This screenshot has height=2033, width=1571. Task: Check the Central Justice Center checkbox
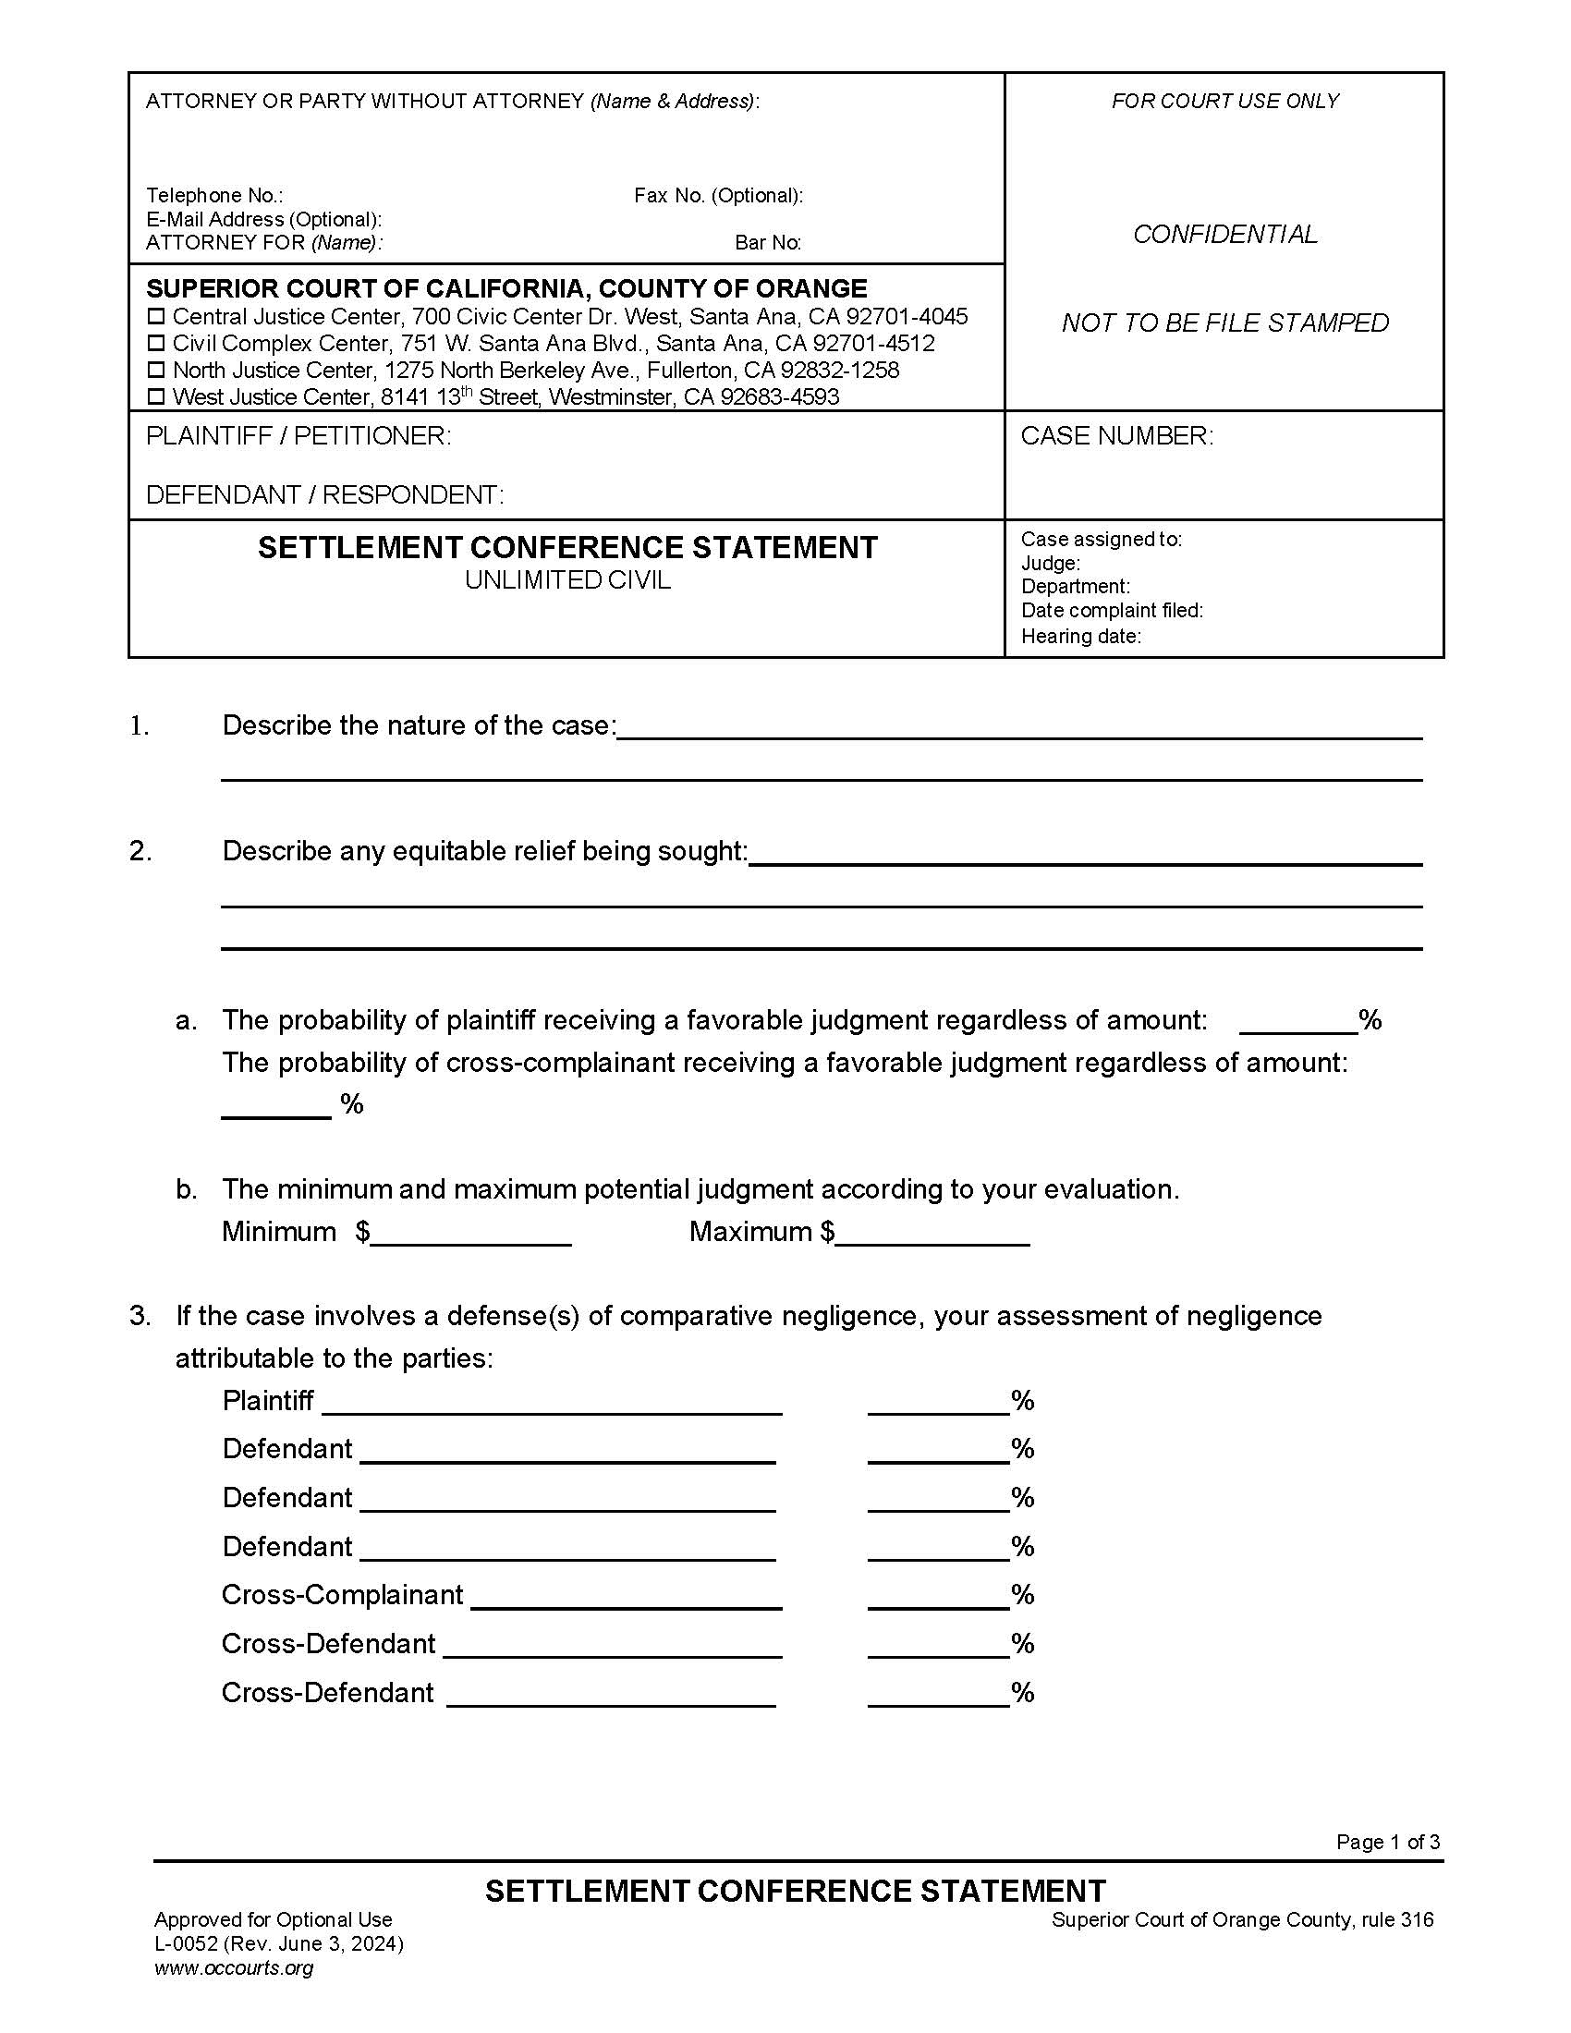156,316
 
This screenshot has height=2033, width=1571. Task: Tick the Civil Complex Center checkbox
156,344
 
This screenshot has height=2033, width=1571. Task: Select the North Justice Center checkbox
156,371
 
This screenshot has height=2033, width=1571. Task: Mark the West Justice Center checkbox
156,397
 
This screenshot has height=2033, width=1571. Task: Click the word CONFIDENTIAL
1224,235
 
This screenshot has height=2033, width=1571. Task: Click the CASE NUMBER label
1117,435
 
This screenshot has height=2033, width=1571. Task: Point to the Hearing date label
1080,636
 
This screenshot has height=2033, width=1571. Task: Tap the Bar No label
768,243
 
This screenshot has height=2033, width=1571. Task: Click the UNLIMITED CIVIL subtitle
567,580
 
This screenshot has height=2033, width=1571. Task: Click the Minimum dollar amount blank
471,1234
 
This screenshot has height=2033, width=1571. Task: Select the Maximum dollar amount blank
932,1234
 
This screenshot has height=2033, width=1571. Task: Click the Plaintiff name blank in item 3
552,1402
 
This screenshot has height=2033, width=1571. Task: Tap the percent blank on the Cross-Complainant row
938,1596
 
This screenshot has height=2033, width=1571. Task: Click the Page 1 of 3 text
1388,1841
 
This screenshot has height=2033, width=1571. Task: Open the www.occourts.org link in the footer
234,1966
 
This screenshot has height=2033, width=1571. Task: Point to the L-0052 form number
186,1943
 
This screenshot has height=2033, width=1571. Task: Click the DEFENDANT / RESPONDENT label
324,494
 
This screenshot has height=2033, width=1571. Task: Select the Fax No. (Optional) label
718,196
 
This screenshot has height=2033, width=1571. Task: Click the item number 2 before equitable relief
140,851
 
